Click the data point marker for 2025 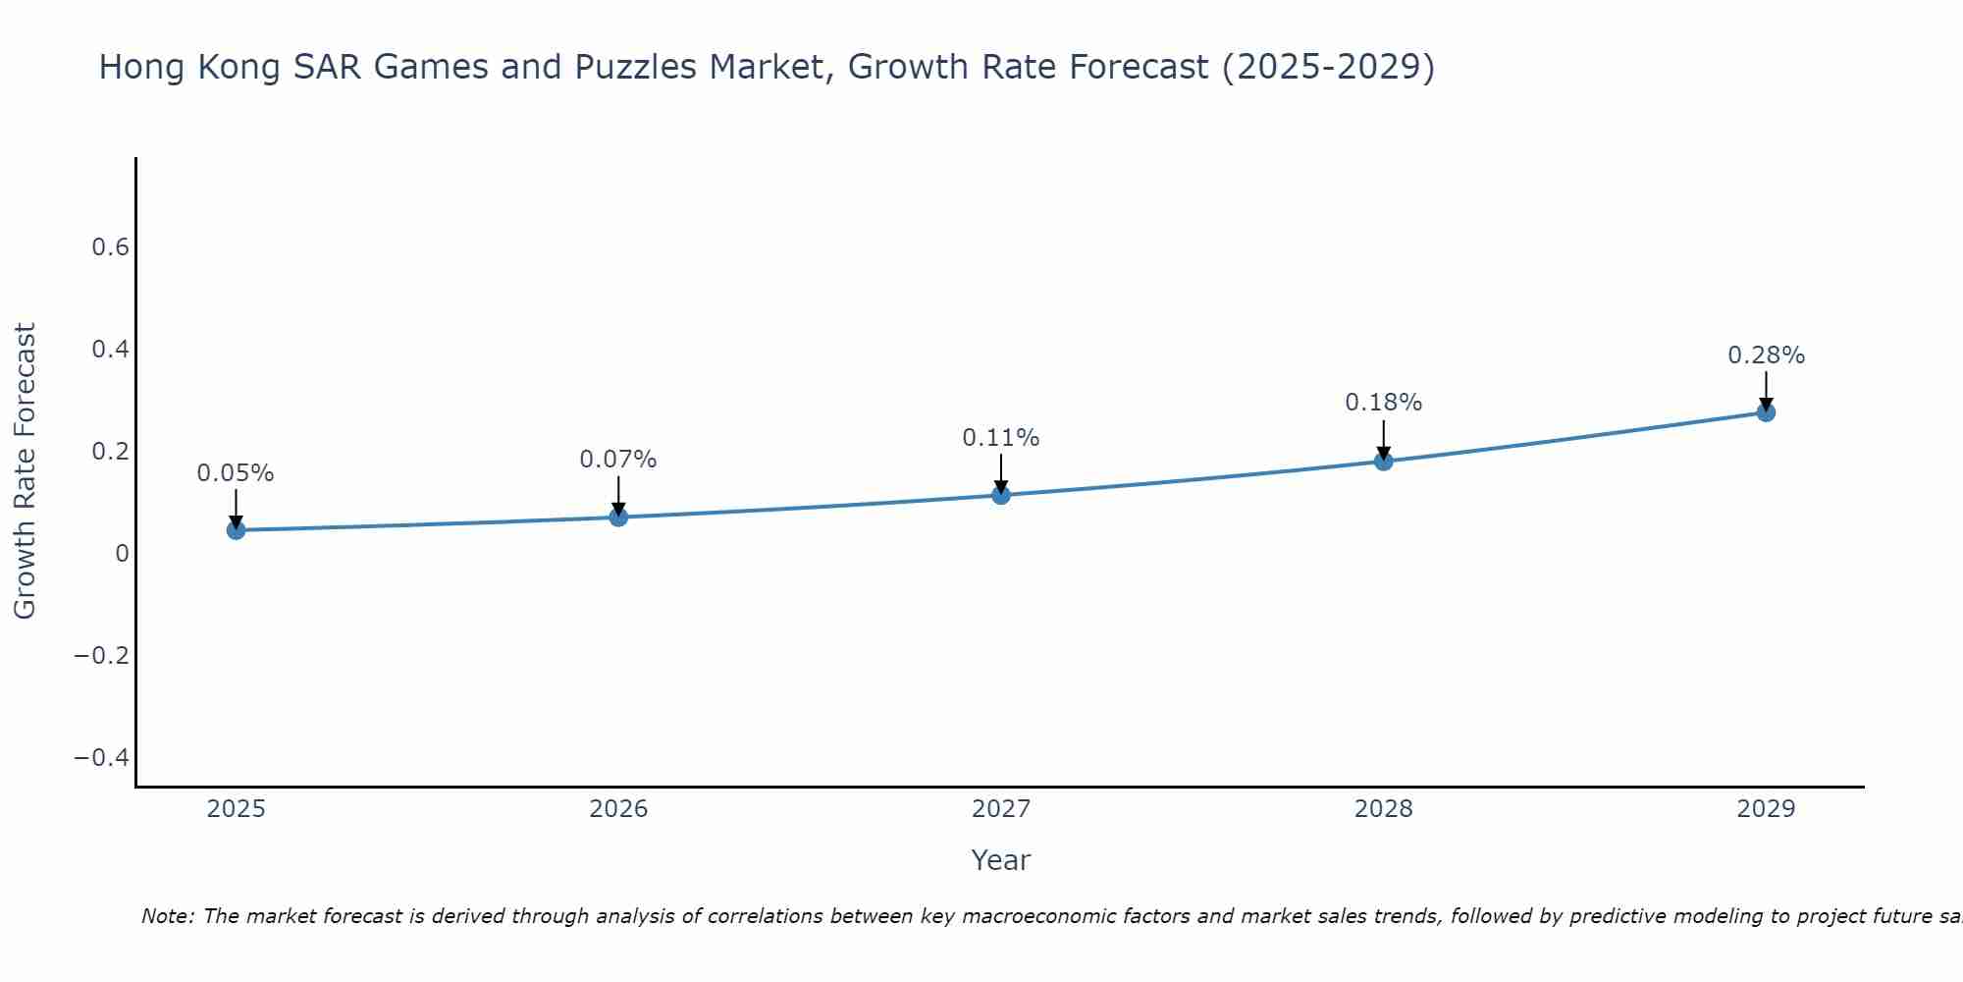236,530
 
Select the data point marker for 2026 618,517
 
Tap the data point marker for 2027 1001,495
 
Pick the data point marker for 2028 1384,461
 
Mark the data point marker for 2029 1766,412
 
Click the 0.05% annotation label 236,473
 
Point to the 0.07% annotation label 618,460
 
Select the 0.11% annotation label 1001,438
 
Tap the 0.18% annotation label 1384,403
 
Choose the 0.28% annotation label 1766,355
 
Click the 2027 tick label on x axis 1001,809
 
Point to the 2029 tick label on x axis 1766,809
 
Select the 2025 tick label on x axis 236,809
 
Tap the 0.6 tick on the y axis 111,247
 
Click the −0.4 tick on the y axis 102,757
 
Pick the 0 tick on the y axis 122,553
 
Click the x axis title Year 1000,860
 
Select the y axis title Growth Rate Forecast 25,470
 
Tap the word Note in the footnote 167,916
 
